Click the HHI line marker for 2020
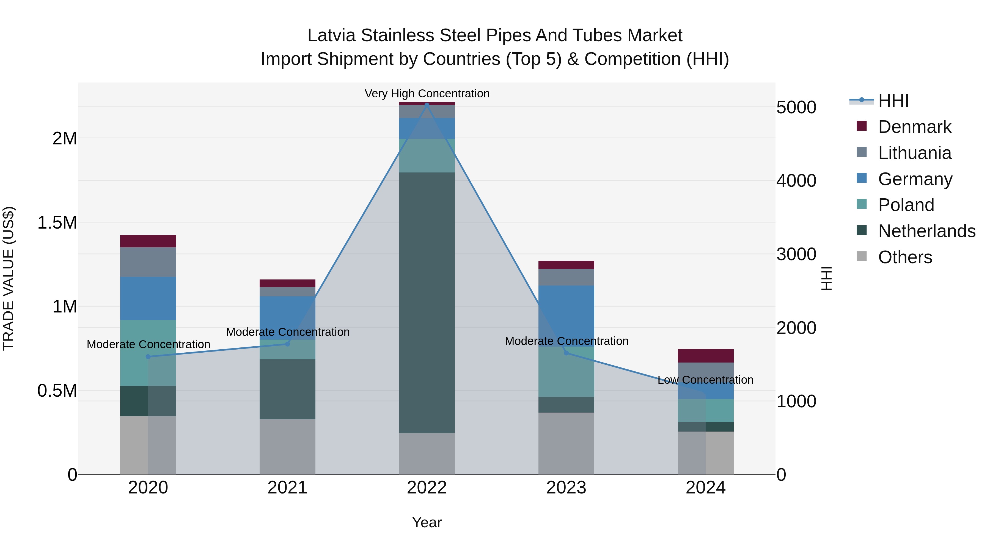(148, 357)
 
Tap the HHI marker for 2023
(566, 353)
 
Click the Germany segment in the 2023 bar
(566, 315)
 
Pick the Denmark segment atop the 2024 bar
(706, 356)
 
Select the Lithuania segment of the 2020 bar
(148, 262)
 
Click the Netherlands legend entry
(926, 231)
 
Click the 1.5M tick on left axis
(57, 223)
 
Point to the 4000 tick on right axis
(796, 181)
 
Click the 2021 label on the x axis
(287, 488)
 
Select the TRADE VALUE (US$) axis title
(9, 278)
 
